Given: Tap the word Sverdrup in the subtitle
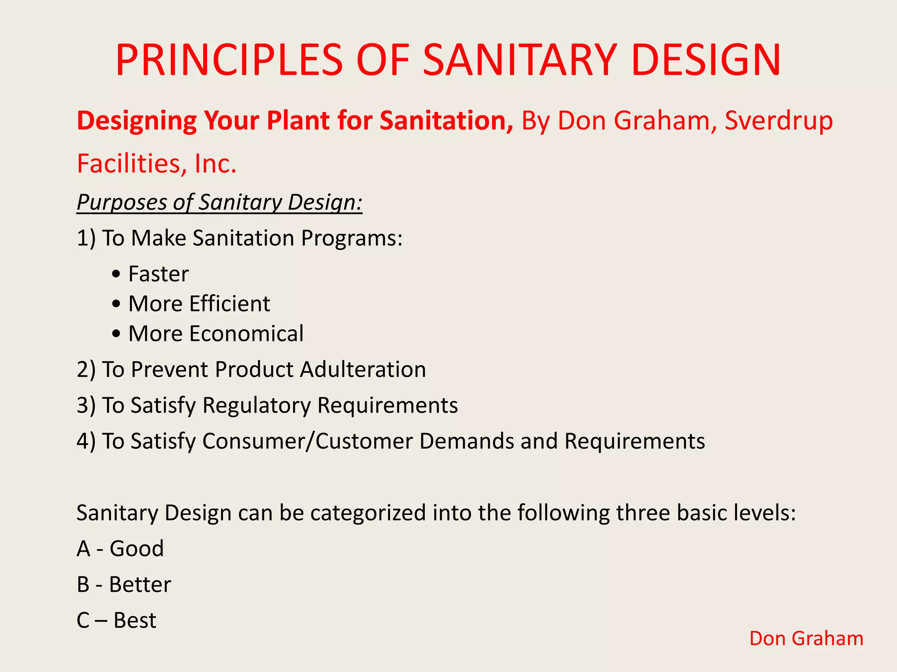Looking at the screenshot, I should [x=778, y=121].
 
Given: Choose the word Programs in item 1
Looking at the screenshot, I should [x=352, y=238].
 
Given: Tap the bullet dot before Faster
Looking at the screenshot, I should [x=116, y=275].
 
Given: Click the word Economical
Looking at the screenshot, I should [x=246, y=334].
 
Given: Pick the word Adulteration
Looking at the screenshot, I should [x=363, y=370].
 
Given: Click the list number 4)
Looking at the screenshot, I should [x=86, y=441].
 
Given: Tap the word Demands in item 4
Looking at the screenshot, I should [x=466, y=441].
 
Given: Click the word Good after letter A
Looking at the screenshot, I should [x=137, y=549].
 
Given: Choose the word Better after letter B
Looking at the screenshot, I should [x=140, y=585].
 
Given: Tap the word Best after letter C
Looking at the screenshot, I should [x=135, y=621].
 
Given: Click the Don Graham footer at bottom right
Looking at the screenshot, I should [x=806, y=639].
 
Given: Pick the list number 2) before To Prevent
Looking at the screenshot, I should [x=86, y=370].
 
